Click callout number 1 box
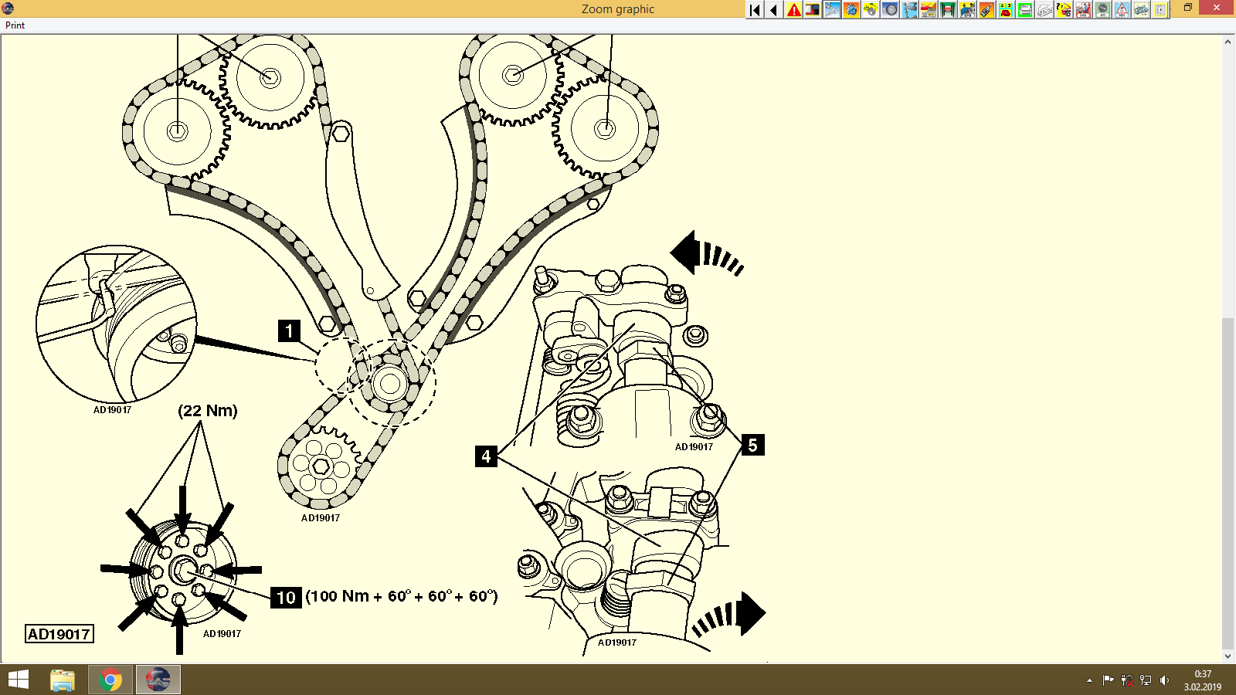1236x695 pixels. [289, 331]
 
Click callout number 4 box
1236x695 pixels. [486, 456]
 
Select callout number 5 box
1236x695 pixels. [752, 445]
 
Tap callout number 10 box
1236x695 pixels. [286, 597]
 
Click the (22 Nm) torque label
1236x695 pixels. [208, 411]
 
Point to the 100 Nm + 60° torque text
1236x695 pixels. [402, 596]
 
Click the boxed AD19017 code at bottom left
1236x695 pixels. [59, 634]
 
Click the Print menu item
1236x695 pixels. [15, 25]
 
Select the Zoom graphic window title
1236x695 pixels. [617, 9]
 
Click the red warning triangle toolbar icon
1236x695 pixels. [793, 10]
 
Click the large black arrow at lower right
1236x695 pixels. [749, 614]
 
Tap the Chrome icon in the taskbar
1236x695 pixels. [110, 680]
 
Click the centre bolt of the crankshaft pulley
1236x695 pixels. [183, 571]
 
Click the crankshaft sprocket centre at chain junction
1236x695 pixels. [389, 383]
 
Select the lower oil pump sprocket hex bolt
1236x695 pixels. [321, 466]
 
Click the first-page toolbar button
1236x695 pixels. [755, 10]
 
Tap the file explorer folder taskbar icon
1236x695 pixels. [63, 680]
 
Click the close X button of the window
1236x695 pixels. [1217, 8]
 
